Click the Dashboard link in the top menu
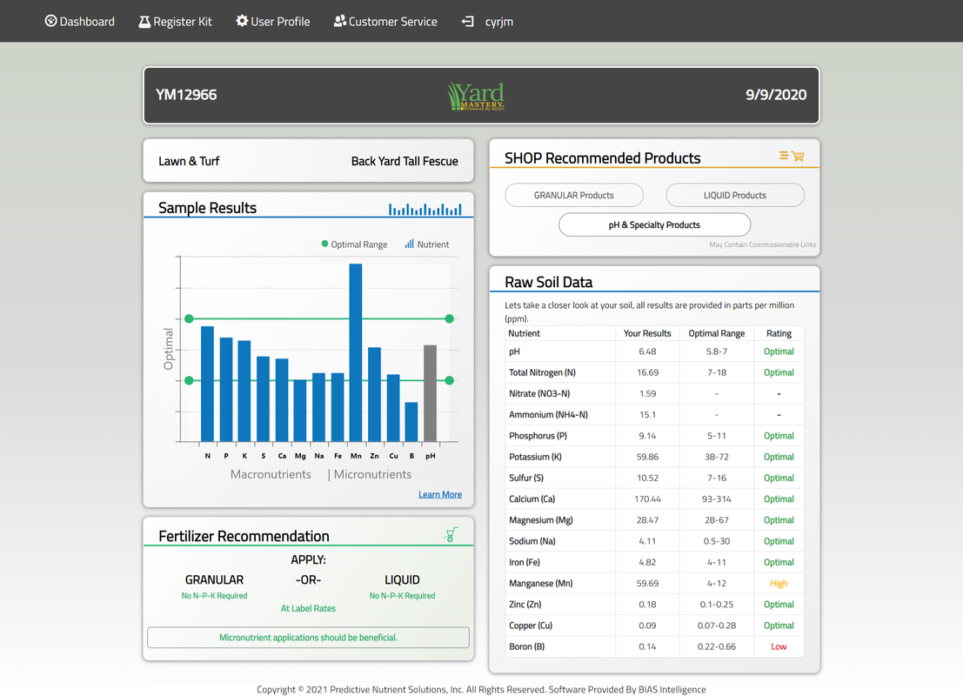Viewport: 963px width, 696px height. pyautogui.click(x=80, y=21)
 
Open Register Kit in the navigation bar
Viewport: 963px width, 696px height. pyautogui.click(x=175, y=21)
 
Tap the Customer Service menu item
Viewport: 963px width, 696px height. pyautogui.click(x=385, y=21)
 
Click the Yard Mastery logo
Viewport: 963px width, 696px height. pyautogui.click(x=476, y=96)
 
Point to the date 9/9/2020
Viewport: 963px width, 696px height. pyautogui.click(x=775, y=95)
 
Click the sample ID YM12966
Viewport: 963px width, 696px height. pyautogui.click(x=186, y=95)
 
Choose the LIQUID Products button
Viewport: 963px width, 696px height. pyautogui.click(x=734, y=195)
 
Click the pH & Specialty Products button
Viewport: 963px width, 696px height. pyautogui.click(x=654, y=224)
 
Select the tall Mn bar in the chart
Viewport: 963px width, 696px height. pyautogui.click(x=355, y=352)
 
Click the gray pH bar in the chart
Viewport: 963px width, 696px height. pyautogui.click(x=430, y=393)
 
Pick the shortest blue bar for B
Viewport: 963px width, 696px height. pyautogui.click(x=411, y=422)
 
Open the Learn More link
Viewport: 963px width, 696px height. pyautogui.click(x=440, y=494)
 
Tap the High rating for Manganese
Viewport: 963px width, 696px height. pyautogui.click(x=779, y=584)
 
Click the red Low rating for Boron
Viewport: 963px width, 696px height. pyautogui.click(x=779, y=646)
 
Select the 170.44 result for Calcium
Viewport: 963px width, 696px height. pyautogui.click(x=647, y=499)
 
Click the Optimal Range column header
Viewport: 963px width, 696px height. pyautogui.click(x=716, y=333)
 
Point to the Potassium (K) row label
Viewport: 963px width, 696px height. pyautogui.click(x=535, y=457)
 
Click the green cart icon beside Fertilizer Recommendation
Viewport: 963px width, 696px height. pyautogui.click(x=451, y=534)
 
